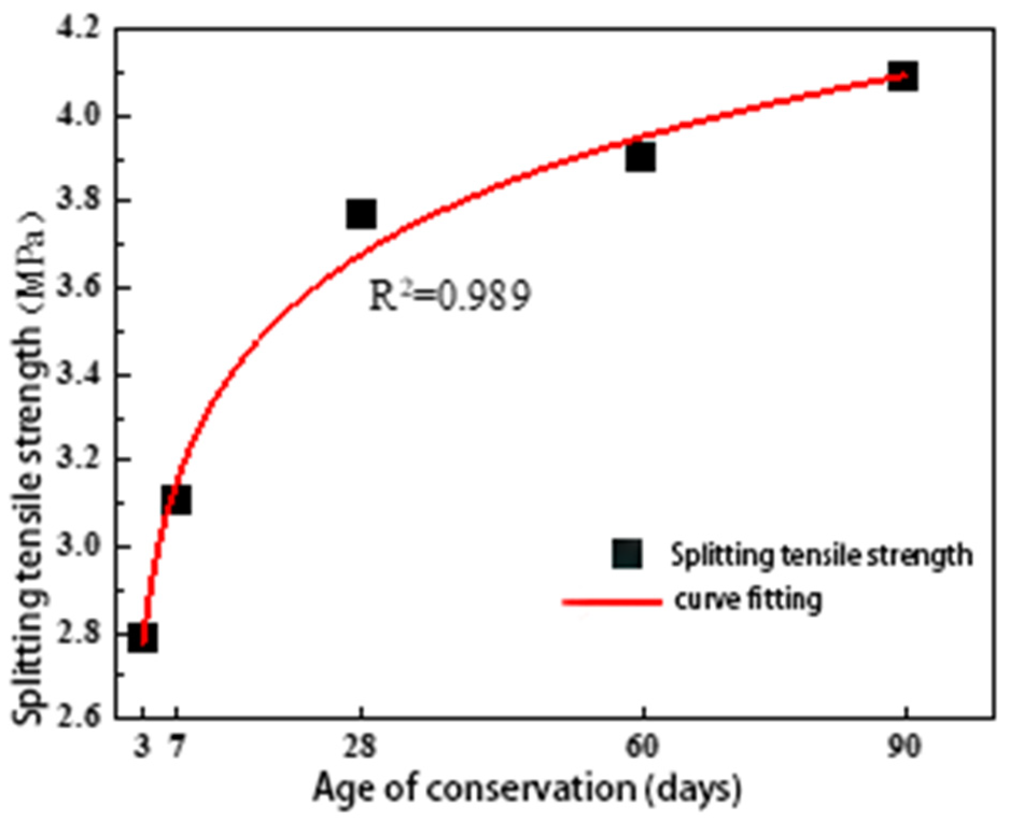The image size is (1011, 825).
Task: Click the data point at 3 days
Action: point(143,638)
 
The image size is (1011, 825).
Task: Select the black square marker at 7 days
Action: point(176,500)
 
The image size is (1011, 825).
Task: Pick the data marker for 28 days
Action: point(361,214)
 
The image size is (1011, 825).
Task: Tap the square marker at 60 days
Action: point(640,157)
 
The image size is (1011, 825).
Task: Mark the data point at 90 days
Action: point(902,76)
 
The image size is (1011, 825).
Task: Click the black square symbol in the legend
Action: point(627,554)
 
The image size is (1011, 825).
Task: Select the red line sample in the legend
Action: point(612,601)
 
